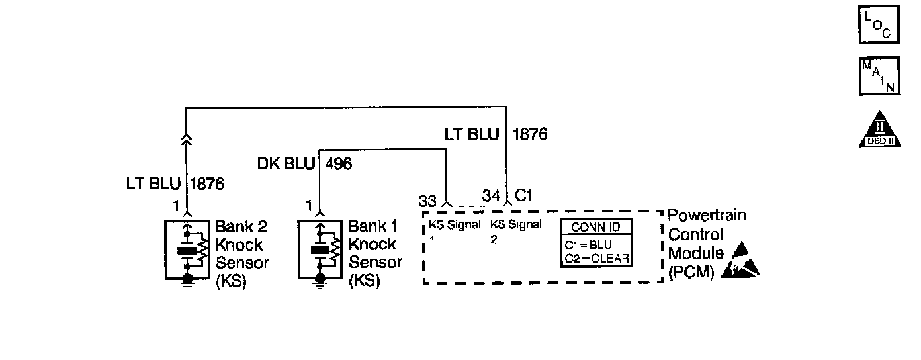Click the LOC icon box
(879, 25)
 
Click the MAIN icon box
(879, 75)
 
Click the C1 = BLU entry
(589, 245)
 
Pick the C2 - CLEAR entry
(597, 258)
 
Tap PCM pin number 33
(427, 199)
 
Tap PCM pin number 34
(492, 196)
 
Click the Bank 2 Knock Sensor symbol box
(188, 248)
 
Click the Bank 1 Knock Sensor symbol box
(320, 248)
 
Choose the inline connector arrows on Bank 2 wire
(187, 138)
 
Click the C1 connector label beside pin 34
(524, 196)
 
